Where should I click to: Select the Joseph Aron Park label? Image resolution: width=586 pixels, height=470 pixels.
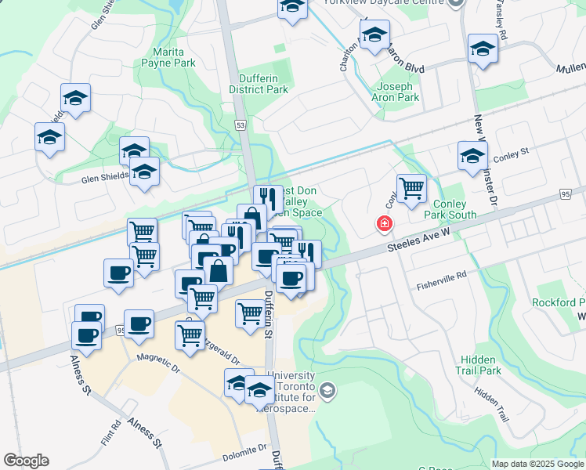point(398,92)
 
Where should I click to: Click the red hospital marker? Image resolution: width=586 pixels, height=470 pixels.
point(384,224)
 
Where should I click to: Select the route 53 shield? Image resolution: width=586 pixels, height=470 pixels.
point(241,125)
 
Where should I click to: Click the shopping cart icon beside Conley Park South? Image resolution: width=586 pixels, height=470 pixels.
point(411,189)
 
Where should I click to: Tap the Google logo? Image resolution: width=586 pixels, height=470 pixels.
point(26,461)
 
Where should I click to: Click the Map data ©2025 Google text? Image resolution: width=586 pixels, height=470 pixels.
point(537,464)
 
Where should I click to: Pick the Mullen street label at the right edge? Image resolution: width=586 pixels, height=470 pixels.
point(571,70)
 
